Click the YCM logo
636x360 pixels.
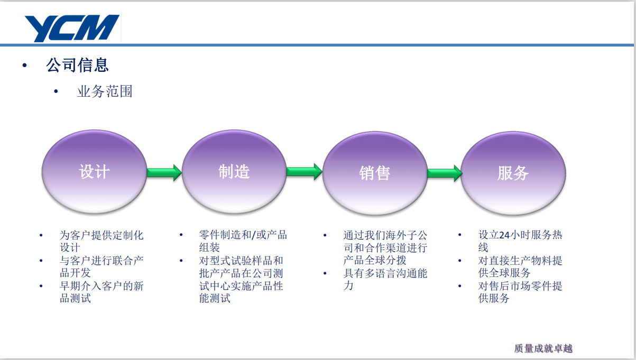[x=72, y=28]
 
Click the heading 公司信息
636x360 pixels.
[x=77, y=65]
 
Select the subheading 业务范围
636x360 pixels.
[x=105, y=91]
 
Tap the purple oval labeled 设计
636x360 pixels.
[x=94, y=171]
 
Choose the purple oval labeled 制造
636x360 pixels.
[x=234, y=171]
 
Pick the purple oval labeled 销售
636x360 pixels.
[x=375, y=173]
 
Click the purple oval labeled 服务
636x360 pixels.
[x=513, y=173]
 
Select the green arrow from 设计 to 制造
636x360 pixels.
[x=164, y=172]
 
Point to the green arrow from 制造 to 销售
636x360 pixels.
[x=305, y=171]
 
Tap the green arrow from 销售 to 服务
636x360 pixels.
[x=445, y=173]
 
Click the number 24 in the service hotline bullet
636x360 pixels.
[x=504, y=235]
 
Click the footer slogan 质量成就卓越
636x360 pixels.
[x=543, y=348]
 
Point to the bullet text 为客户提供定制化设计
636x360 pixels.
[x=102, y=242]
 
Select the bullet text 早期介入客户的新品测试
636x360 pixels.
[x=102, y=292]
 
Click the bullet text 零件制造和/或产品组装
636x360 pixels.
[x=243, y=241]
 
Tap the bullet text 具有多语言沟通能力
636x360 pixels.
[x=385, y=279]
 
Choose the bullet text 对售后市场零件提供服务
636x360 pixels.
[x=520, y=292]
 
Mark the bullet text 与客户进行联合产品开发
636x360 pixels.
[x=102, y=266]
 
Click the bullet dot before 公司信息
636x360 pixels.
[x=25, y=66]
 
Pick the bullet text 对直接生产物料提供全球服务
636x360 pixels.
[x=520, y=266]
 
